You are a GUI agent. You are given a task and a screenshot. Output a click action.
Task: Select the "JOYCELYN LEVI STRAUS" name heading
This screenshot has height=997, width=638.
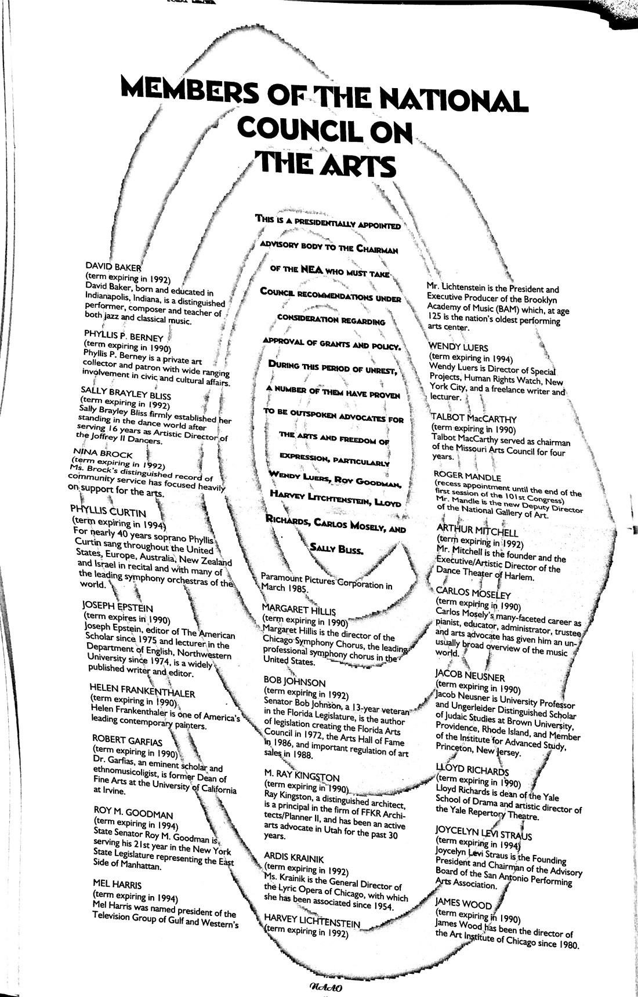(484, 835)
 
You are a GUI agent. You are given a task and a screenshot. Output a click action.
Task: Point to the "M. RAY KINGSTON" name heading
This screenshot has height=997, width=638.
(302, 776)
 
